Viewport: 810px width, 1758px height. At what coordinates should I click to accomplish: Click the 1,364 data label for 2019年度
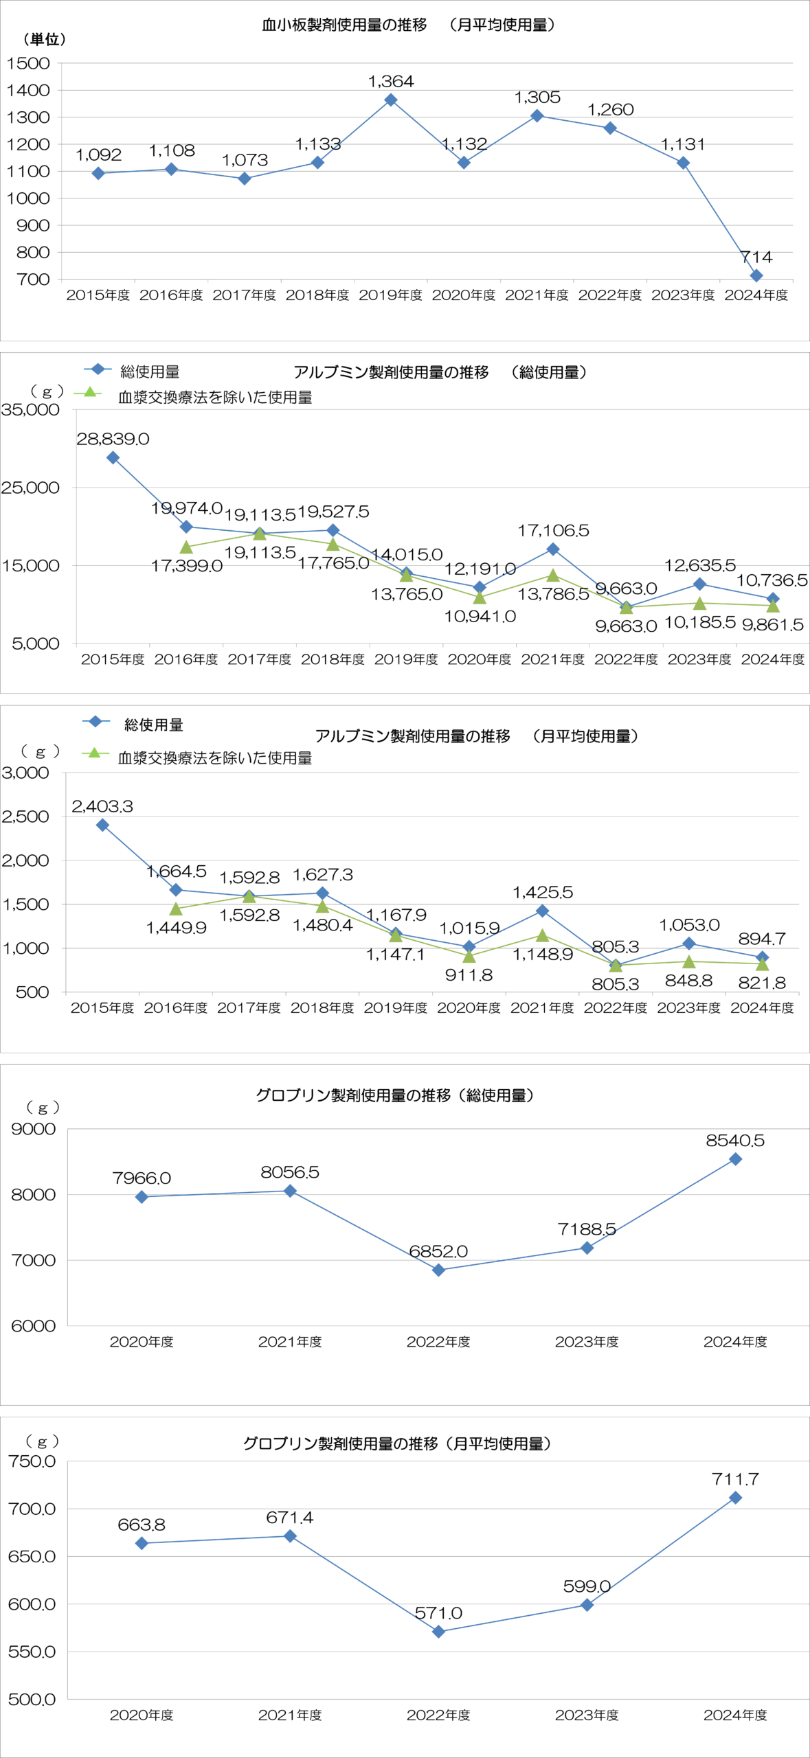[x=391, y=81]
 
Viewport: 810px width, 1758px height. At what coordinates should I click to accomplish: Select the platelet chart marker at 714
[x=756, y=275]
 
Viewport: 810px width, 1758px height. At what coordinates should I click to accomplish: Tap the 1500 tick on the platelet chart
[x=28, y=63]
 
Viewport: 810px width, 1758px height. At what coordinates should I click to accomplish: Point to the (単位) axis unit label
[x=44, y=39]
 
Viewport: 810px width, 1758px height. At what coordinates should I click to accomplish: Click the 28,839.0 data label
[x=113, y=439]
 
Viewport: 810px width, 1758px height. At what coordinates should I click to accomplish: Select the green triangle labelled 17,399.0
[x=186, y=547]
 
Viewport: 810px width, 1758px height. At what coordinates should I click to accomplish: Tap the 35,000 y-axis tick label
[x=31, y=409]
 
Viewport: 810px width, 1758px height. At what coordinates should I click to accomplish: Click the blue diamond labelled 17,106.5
[x=553, y=549]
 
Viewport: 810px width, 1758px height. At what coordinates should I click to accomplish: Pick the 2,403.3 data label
[x=102, y=806]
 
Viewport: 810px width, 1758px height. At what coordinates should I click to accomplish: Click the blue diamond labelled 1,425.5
[x=542, y=911]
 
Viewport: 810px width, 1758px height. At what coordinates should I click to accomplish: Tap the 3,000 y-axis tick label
[x=26, y=773]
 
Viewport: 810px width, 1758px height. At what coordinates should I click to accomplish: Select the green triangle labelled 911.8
[x=469, y=957]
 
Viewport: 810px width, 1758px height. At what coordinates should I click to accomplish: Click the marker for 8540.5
[x=735, y=1159]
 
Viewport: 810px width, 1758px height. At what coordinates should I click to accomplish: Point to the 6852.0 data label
[x=438, y=1251]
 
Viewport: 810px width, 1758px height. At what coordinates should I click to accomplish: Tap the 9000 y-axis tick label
[x=33, y=1129]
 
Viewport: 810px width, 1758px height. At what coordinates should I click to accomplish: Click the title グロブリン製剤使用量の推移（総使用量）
[x=395, y=1095]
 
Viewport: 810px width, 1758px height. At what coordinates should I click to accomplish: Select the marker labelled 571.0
[x=438, y=1632]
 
